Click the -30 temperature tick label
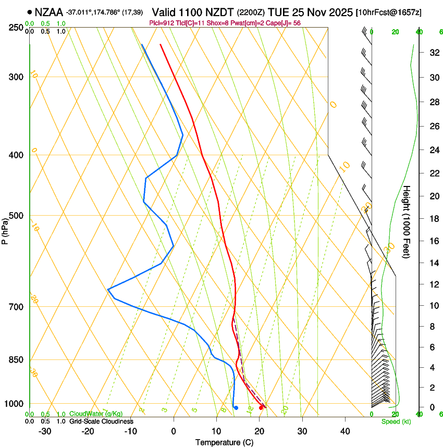click(45, 431)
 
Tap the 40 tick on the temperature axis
click(345, 431)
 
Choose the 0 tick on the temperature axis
click(174, 431)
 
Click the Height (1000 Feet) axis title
click(407, 222)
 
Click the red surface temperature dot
click(262, 407)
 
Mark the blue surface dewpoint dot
click(236, 408)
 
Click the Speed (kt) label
click(396, 421)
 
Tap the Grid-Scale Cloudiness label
click(101, 421)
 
